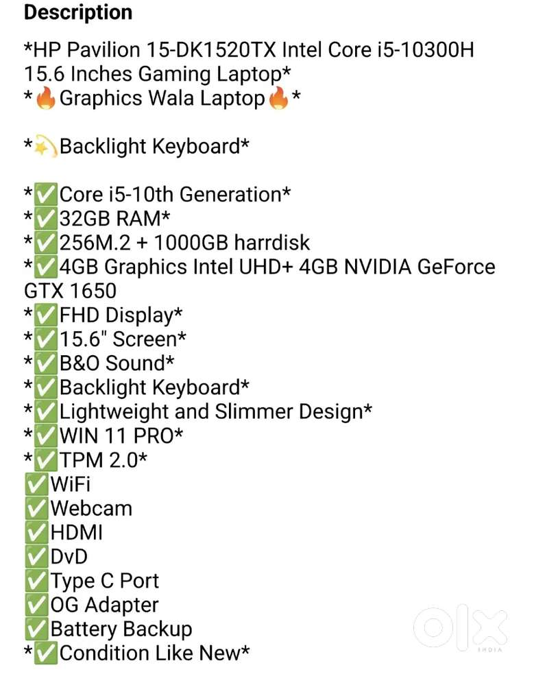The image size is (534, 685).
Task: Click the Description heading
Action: click(78, 12)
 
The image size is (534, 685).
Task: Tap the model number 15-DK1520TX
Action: click(211, 50)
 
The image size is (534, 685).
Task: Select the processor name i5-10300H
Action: click(426, 50)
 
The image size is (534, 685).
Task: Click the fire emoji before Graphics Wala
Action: click(45, 98)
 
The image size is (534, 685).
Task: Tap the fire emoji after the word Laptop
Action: click(278, 98)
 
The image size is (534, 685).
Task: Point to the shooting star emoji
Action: click(45, 147)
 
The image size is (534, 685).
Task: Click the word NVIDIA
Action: click(378, 267)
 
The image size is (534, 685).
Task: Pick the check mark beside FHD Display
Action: click(45, 315)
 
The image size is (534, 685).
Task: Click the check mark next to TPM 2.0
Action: click(45, 460)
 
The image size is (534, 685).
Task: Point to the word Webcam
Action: click(91, 509)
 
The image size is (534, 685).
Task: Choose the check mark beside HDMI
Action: click(36, 533)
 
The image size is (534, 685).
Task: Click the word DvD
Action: click(69, 557)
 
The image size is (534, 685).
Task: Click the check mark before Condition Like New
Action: click(45, 653)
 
